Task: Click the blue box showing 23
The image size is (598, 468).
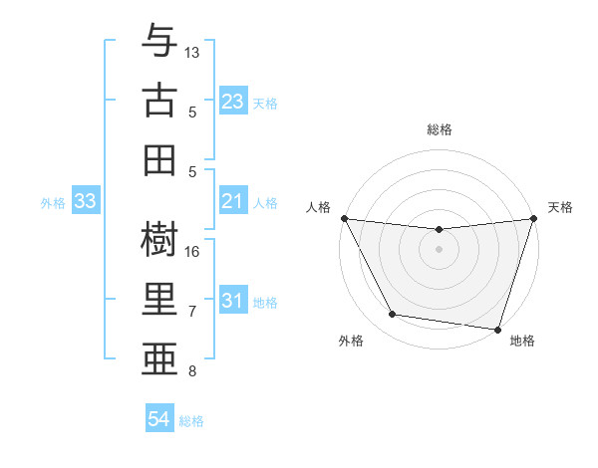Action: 232,102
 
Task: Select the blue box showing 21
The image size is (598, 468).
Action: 232,202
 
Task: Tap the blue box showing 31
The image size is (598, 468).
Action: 232,302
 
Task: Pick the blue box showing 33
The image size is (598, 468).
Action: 85,202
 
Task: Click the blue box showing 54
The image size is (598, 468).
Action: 158,420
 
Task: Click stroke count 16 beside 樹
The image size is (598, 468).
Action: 192,251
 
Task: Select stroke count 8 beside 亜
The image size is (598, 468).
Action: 192,372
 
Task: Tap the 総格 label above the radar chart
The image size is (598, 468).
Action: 440,129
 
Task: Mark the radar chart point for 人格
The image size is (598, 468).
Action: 345,218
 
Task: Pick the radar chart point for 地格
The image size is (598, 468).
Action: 496,329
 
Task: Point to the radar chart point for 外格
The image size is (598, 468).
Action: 393,315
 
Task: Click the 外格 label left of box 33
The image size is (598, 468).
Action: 53,203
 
